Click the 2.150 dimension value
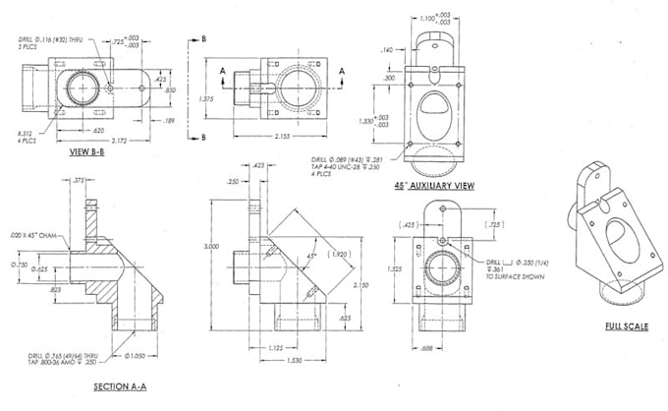(363, 284)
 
